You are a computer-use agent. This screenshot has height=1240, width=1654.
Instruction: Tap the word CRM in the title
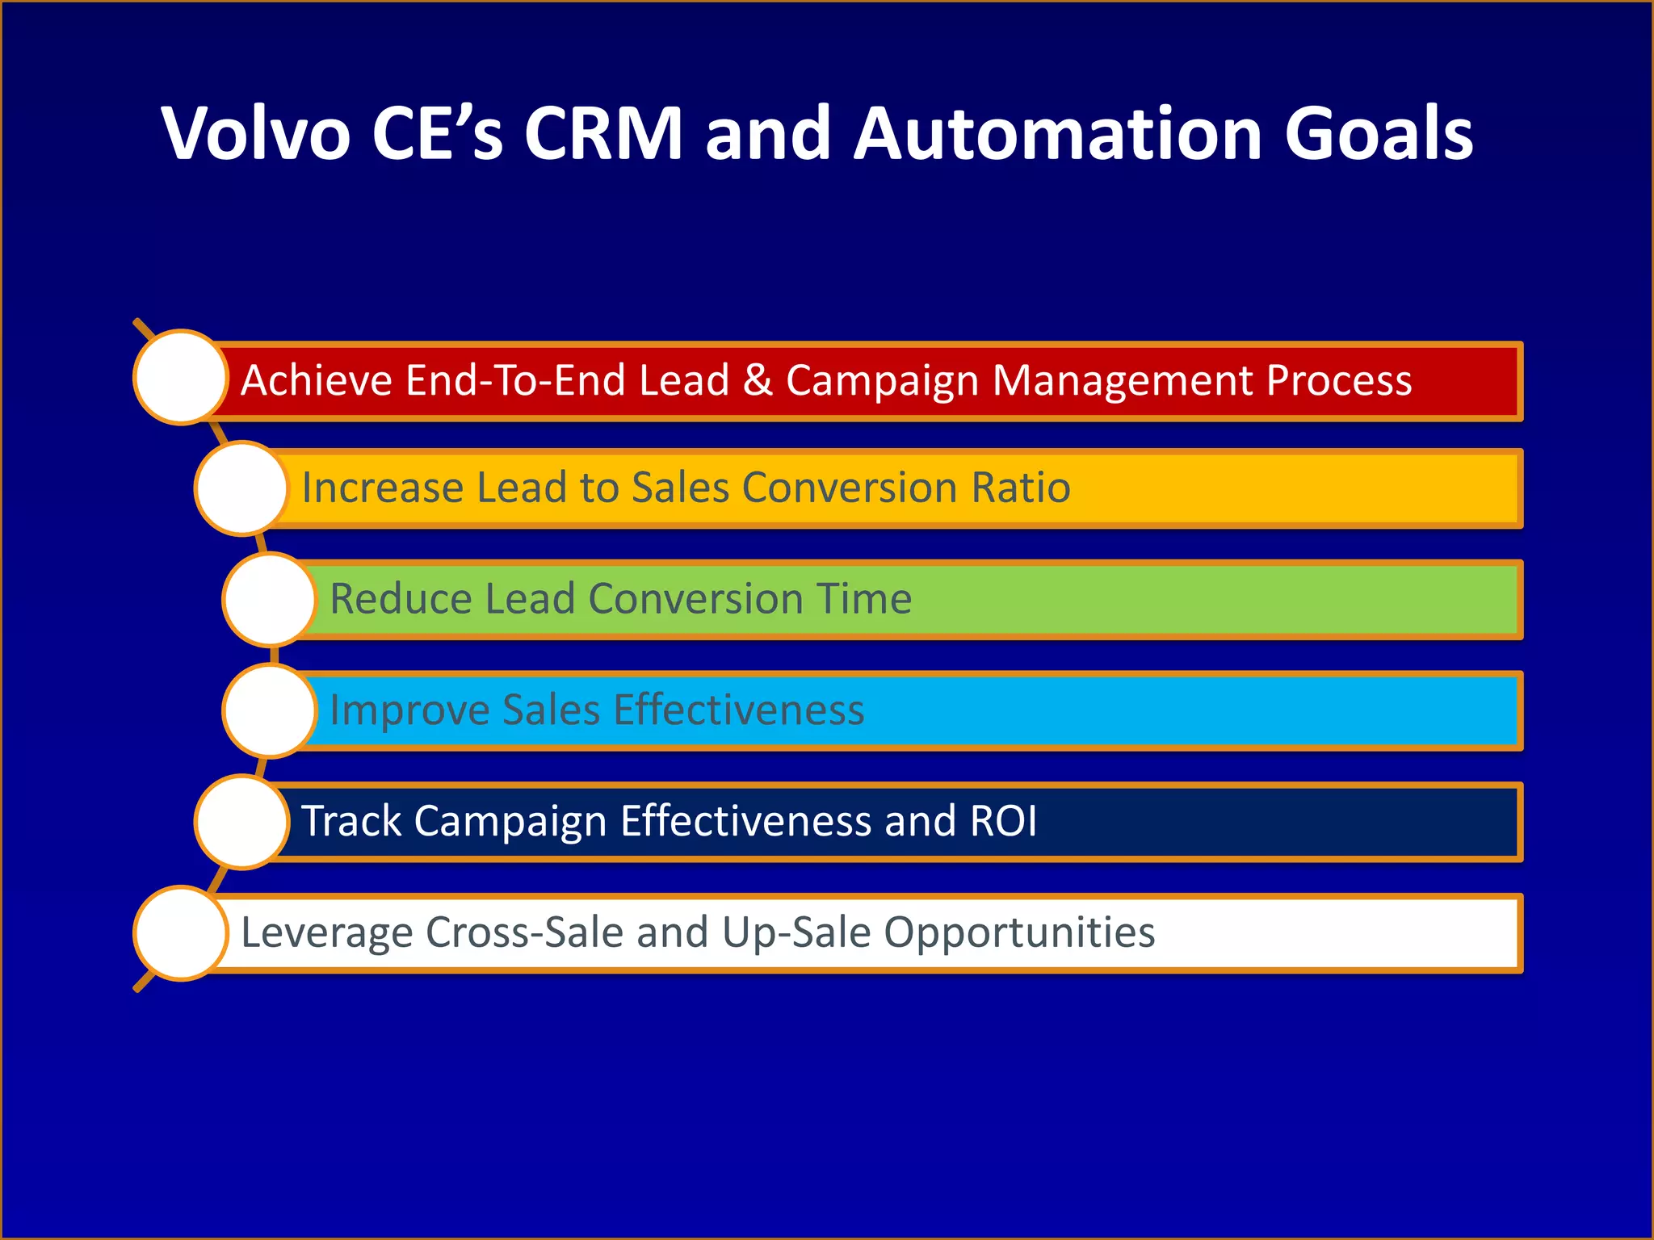(x=603, y=133)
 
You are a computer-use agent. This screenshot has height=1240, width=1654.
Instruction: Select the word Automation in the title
(x=1058, y=133)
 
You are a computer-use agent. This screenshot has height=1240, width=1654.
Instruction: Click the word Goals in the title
(x=1379, y=133)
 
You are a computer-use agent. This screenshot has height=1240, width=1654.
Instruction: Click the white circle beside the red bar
(x=181, y=377)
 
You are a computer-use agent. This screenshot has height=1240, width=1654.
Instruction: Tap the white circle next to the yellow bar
(x=241, y=488)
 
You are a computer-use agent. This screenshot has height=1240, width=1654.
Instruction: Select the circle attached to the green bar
(x=270, y=599)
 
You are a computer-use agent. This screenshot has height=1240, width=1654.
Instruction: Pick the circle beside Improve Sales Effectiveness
(x=270, y=710)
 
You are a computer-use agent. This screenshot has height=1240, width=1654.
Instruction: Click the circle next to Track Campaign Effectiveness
(x=241, y=822)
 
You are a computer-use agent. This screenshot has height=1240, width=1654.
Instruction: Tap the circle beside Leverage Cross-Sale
(x=181, y=933)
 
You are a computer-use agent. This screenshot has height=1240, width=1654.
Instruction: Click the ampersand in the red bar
(x=758, y=380)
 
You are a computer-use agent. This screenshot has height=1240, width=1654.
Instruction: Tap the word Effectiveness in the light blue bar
(x=738, y=710)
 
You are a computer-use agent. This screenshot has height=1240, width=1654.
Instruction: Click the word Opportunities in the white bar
(x=1019, y=933)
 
